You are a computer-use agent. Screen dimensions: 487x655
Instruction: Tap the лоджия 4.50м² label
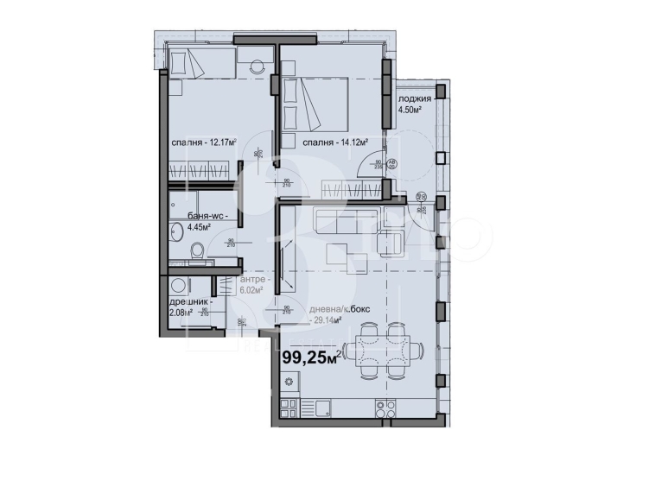click(x=414, y=104)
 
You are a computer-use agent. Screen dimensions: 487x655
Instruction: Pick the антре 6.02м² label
click(x=254, y=285)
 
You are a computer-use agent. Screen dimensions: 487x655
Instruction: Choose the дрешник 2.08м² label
click(x=189, y=307)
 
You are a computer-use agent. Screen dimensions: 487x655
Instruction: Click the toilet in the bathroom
click(x=196, y=251)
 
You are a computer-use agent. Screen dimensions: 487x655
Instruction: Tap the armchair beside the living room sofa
click(x=392, y=244)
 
